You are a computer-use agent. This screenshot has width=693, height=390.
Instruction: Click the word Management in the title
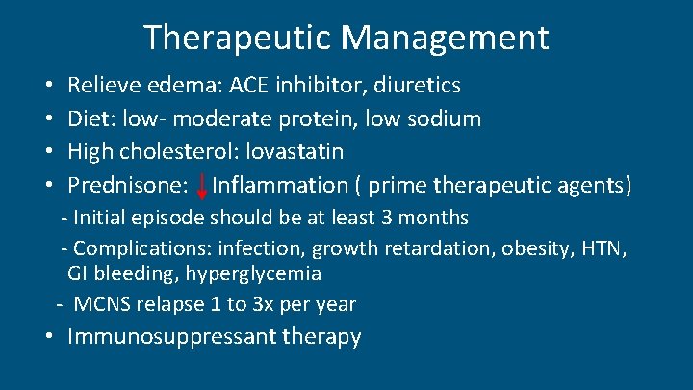click(445, 38)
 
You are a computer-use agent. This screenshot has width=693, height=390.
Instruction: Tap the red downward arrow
click(202, 185)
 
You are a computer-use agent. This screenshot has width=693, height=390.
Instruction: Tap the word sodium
click(446, 118)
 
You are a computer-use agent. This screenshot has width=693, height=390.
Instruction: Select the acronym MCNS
click(102, 305)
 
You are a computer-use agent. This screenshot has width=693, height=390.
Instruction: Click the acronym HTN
click(603, 249)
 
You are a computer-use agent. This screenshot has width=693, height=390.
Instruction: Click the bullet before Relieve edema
click(48, 87)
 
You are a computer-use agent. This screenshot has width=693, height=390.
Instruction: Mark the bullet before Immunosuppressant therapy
click(48, 337)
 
